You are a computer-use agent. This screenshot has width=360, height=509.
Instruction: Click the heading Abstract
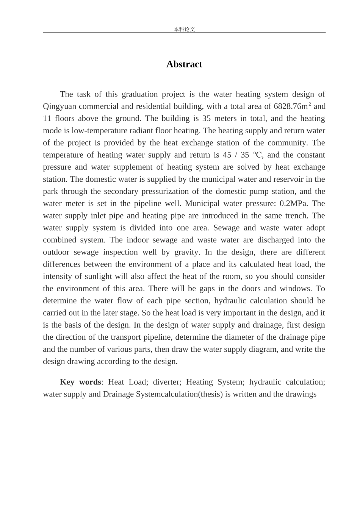(x=184, y=64)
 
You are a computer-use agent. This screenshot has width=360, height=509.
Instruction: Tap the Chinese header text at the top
(x=184, y=29)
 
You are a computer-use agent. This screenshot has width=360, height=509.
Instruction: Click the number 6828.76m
(x=290, y=106)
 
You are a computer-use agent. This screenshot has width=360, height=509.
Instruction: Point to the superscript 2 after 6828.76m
(x=310, y=104)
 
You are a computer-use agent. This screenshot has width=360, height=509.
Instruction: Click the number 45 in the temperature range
(x=227, y=155)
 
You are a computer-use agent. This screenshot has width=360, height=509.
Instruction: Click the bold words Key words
(x=80, y=382)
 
